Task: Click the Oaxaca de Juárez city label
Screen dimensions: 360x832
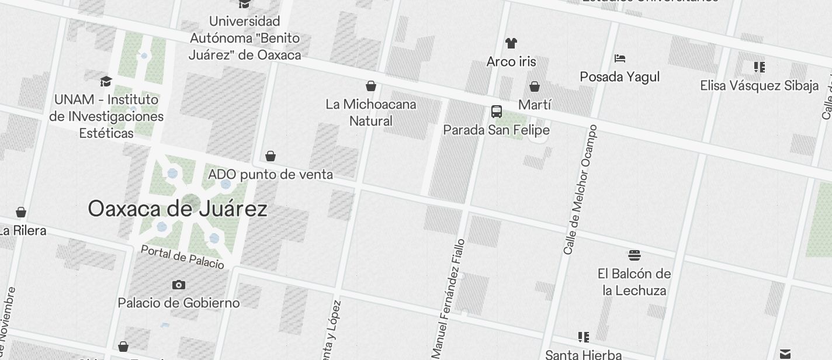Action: (x=178, y=209)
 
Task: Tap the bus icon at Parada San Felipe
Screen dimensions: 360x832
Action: (x=497, y=111)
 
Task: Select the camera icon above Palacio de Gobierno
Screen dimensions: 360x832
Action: (x=179, y=285)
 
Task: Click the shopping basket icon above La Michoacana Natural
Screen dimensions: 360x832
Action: (x=370, y=86)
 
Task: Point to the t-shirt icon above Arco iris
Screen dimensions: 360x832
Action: (x=511, y=43)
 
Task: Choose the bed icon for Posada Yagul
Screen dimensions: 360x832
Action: (x=620, y=58)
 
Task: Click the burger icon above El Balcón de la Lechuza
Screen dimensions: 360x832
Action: (x=635, y=255)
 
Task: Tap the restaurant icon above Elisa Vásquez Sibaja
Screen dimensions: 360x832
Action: (x=760, y=67)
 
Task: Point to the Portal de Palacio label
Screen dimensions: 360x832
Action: (x=182, y=257)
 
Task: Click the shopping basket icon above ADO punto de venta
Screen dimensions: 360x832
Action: (x=271, y=156)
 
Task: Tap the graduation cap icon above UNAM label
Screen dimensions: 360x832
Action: (x=106, y=81)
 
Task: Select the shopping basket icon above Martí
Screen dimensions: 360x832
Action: (x=535, y=87)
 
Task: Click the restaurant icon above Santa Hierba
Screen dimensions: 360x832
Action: (x=583, y=337)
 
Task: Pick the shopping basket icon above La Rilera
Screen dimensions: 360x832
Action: (x=21, y=212)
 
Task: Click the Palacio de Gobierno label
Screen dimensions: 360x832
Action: (x=179, y=303)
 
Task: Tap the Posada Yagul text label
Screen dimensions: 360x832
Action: (x=620, y=77)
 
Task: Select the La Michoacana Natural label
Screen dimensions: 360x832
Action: (x=371, y=113)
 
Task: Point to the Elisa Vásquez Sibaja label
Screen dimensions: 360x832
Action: (x=760, y=86)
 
